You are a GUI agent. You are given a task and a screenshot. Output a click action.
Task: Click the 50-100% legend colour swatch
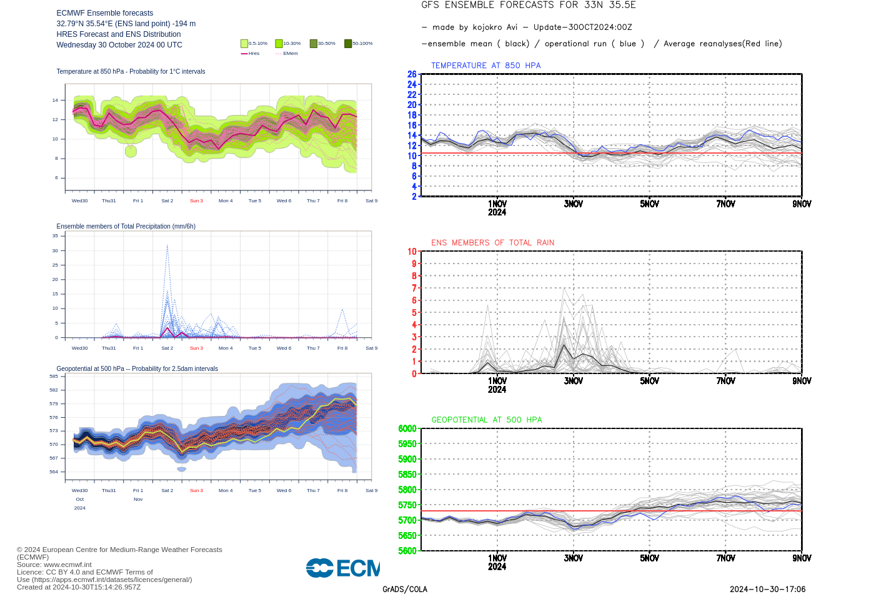coord(348,44)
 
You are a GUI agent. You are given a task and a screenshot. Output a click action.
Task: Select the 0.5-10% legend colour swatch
coord(244,44)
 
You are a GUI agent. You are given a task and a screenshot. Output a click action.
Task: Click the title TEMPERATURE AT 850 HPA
coord(485,66)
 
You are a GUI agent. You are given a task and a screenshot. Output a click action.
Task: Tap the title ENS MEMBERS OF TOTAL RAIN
coord(492,243)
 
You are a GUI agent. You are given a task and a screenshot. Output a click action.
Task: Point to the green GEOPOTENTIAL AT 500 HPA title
coord(487,420)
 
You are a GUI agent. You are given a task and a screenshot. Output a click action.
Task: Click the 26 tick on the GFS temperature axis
coord(412,74)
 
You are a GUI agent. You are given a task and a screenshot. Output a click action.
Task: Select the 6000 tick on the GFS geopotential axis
coord(407,428)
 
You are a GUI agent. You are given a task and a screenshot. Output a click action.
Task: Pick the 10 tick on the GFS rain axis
coord(412,252)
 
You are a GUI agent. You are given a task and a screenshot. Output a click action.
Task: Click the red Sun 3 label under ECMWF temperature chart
coord(196,201)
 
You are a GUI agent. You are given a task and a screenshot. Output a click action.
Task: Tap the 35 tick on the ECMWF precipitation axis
coord(55,236)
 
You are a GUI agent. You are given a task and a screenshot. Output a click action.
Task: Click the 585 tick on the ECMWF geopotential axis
coord(54,377)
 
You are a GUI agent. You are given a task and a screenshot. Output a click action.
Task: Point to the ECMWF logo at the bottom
coord(342,568)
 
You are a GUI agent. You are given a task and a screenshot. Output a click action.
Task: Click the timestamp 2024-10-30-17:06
coord(767,590)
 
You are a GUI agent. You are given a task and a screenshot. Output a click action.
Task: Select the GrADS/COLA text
coord(405,590)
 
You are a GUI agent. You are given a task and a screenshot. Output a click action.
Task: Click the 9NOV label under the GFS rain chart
coord(802,381)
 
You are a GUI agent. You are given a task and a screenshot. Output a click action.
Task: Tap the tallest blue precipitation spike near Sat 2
coord(167,247)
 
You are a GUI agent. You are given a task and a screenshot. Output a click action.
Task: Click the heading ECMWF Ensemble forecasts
coord(104,13)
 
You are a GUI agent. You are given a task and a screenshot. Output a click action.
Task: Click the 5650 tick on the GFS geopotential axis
coord(407,536)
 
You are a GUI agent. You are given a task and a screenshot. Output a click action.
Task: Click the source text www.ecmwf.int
coord(67,565)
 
